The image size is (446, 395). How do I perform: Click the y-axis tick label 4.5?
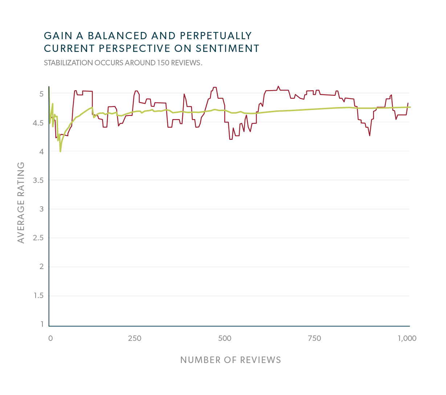pos(38,123)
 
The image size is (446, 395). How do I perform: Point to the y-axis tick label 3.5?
pos(38,180)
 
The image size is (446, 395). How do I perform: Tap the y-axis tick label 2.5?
pos(38,238)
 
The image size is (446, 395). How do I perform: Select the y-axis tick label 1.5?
pos(38,296)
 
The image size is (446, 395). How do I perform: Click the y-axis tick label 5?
pos(41,94)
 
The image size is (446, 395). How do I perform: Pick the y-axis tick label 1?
pos(42,324)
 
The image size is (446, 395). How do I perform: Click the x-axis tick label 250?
pos(135,338)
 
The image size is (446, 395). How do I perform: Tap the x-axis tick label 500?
pos(225,338)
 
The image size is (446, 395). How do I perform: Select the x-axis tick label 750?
pos(314,338)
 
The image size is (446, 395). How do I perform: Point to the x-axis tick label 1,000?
pos(407,338)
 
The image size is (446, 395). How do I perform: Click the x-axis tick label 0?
pos(50,338)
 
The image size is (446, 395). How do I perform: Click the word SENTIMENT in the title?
pos(228,48)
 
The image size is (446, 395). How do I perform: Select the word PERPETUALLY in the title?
pos(216,36)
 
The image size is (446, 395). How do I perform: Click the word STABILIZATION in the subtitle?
pos(68,63)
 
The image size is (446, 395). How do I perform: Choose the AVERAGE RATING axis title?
pos(21,203)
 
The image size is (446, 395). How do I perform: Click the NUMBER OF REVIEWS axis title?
pos(230,360)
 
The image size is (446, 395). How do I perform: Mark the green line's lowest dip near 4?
pos(60,151)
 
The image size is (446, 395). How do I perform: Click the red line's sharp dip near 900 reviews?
pos(370,135)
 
